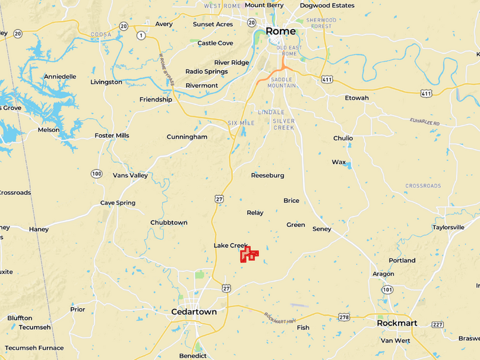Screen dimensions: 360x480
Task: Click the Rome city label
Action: click(x=280, y=31)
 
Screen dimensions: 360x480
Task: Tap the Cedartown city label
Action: click(x=194, y=312)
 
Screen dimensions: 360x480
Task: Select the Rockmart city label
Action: click(x=397, y=323)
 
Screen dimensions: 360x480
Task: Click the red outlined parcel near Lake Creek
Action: click(x=248, y=254)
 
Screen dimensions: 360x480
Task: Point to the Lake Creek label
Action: click(x=230, y=245)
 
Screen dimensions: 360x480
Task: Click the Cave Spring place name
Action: click(x=118, y=203)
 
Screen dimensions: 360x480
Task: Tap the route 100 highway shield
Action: click(x=96, y=173)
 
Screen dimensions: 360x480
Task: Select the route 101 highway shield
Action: click(x=387, y=289)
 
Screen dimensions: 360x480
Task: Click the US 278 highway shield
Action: click(x=344, y=317)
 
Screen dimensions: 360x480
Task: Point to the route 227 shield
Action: click(x=438, y=324)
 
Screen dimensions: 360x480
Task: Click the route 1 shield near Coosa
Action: click(x=141, y=35)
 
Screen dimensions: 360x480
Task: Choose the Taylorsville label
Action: click(x=449, y=227)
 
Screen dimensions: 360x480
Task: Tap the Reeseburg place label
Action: click(x=267, y=175)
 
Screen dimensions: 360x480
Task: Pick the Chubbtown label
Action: click(x=169, y=223)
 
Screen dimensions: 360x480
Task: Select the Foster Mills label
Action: click(x=112, y=135)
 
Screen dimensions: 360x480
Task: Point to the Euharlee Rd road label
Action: click(x=425, y=122)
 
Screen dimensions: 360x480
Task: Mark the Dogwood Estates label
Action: click(x=327, y=5)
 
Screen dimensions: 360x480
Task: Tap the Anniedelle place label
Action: click(x=60, y=77)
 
